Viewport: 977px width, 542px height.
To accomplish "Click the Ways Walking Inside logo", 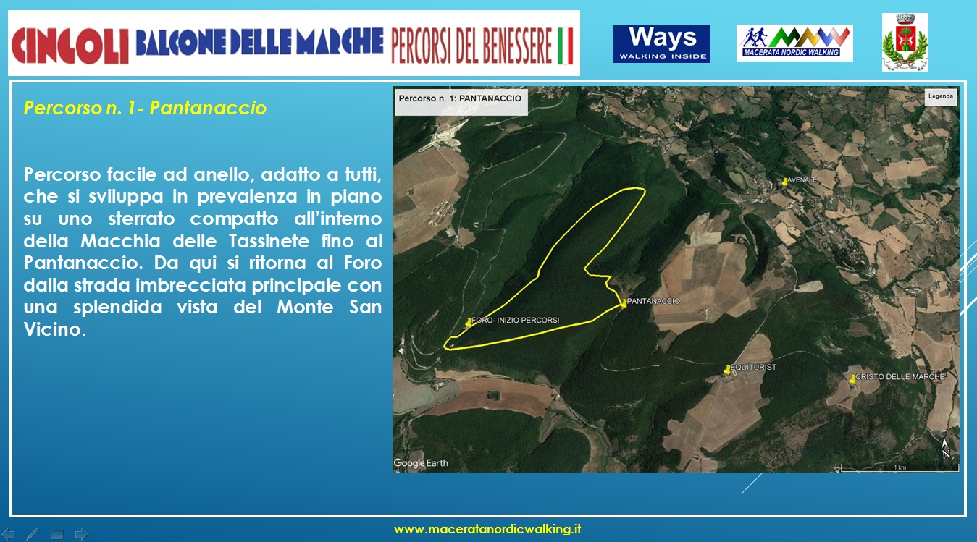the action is pyautogui.click(x=662, y=44).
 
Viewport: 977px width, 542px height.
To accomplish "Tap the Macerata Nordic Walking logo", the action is pyautogui.click(x=794, y=43).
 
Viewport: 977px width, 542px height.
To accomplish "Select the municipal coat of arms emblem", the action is pyautogui.click(x=905, y=42).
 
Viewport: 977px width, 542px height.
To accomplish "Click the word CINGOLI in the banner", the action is pyautogui.click(x=70, y=46).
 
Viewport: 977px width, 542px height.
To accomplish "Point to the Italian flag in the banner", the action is pyautogui.click(x=565, y=46).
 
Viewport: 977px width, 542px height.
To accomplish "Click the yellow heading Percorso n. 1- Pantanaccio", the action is pyautogui.click(x=145, y=108).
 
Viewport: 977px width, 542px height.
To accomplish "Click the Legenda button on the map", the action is pyautogui.click(x=941, y=97).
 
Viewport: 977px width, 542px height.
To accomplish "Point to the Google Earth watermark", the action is pyautogui.click(x=421, y=462).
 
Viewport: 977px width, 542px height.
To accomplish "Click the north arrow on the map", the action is pyautogui.click(x=945, y=449).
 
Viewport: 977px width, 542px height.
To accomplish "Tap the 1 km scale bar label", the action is pyautogui.click(x=900, y=467).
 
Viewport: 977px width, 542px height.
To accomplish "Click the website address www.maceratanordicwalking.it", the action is pyautogui.click(x=487, y=530).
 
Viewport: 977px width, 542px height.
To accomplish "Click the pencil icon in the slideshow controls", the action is pyautogui.click(x=33, y=534).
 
